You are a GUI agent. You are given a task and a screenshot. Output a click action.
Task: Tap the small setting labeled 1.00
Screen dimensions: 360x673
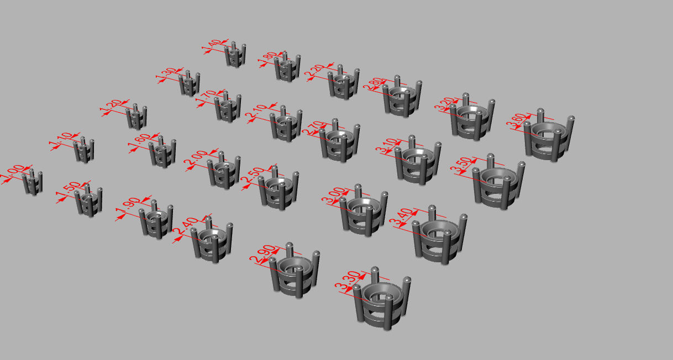pos(33,182)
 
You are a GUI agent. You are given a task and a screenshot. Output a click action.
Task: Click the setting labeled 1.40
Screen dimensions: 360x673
pos(235,55)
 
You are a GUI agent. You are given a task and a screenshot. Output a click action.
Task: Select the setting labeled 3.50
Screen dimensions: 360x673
pos(498,184)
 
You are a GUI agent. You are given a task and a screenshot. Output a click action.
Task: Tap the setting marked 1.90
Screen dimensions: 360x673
pos(156,220)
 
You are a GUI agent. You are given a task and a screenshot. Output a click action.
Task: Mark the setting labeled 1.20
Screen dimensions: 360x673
pos(136,117)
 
